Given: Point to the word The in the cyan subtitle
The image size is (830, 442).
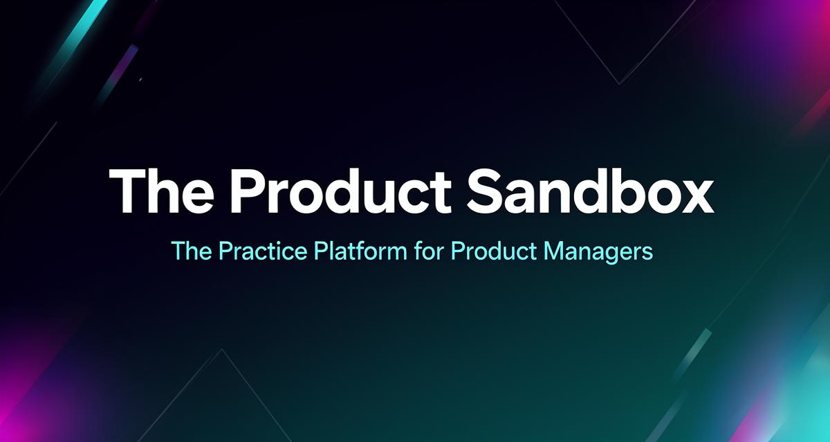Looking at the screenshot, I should [191, 251].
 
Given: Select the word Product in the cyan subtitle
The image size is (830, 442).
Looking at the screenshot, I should [493, 251].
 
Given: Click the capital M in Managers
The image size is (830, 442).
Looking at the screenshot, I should [553, 251].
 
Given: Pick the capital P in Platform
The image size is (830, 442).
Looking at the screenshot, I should [322, 251].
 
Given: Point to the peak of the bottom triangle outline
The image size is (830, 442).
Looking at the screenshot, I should [221, 350].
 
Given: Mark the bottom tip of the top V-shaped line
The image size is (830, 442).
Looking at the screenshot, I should [620, 84].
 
